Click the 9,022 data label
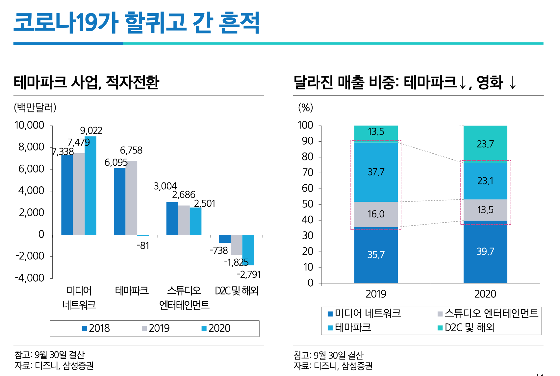91,131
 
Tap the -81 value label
143,246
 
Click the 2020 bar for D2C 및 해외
248,250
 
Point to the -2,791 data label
249,274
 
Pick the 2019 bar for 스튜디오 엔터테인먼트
184,220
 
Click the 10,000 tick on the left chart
29,125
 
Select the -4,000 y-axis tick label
29,278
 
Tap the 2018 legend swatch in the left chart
85,328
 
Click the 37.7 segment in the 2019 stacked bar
376,172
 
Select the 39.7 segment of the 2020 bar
485,251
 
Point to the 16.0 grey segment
376,214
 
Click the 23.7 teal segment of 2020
485,144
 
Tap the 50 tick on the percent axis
308,204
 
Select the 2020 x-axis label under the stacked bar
485,294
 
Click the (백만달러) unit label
35,107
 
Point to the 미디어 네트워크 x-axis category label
79,298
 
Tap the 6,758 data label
131,151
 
